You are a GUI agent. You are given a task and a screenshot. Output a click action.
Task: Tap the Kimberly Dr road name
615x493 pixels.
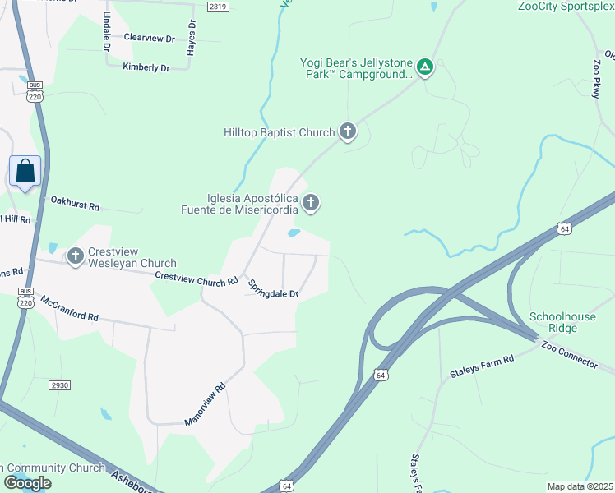coord(146,67)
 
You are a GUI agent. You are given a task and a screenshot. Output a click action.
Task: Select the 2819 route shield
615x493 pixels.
coord(217,7)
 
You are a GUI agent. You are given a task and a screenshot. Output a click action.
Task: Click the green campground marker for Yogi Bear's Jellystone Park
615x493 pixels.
coord(424,67)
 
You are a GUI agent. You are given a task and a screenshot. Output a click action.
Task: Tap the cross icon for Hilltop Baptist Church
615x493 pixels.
coord(348,131)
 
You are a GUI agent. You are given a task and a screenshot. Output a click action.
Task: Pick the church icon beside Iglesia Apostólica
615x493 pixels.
coord(311,202)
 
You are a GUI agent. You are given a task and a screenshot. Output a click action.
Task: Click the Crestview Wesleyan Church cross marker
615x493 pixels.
coord(76,257)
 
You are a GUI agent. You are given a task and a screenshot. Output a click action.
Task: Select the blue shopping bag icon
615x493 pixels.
coord(25,172)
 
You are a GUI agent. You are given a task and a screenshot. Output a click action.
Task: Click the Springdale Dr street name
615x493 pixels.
coord(274,288)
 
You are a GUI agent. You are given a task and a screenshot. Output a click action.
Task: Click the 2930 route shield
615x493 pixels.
coord(59,385)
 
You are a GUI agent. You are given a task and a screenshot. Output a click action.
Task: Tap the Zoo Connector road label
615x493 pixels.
coord(569,354)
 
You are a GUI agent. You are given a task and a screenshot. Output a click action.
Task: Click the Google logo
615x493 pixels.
coord(27,483)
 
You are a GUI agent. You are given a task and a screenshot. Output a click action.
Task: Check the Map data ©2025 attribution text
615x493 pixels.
coord(580,486)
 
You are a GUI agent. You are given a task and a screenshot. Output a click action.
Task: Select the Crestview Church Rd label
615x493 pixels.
coord(191,279)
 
